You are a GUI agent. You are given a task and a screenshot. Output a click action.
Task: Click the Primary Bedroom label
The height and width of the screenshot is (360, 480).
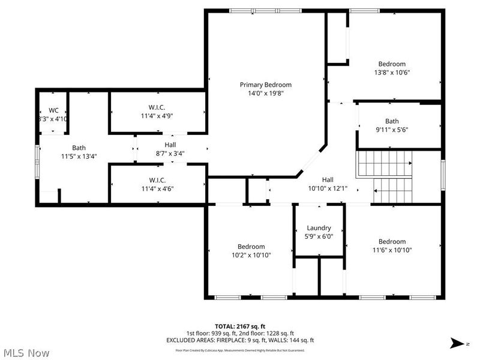(266, 85)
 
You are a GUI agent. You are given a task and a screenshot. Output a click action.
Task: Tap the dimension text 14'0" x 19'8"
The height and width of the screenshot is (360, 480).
(266, 93)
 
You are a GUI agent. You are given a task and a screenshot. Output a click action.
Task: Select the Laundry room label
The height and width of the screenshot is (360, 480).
(319, 228)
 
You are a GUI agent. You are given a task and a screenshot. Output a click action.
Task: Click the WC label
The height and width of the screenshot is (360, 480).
(53, 110)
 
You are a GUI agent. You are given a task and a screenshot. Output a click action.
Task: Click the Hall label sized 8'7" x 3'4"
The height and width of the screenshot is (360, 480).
(170, 145)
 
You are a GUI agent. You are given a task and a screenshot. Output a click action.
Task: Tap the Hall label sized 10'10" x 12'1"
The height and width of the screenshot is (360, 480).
(328, 179)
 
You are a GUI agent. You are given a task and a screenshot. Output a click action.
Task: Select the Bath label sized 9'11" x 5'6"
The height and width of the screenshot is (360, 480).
(392, 121)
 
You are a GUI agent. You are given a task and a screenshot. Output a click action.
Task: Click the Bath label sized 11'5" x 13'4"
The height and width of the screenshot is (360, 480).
(79, 148)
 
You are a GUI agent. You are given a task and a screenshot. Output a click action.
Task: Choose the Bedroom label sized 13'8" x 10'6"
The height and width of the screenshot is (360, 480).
(392, 64)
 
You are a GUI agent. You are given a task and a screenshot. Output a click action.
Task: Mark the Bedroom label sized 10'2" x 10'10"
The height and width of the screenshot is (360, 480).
(251, 247)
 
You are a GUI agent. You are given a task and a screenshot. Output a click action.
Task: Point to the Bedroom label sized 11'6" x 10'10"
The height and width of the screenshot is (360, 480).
(392, 242)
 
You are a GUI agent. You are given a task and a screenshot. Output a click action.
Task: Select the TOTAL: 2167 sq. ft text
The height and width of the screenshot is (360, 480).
(239, 326)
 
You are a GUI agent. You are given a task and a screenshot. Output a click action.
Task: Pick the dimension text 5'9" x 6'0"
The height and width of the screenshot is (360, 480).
(319, 236)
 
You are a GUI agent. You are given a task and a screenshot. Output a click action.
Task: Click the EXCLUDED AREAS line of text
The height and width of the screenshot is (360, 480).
(239, 340)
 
